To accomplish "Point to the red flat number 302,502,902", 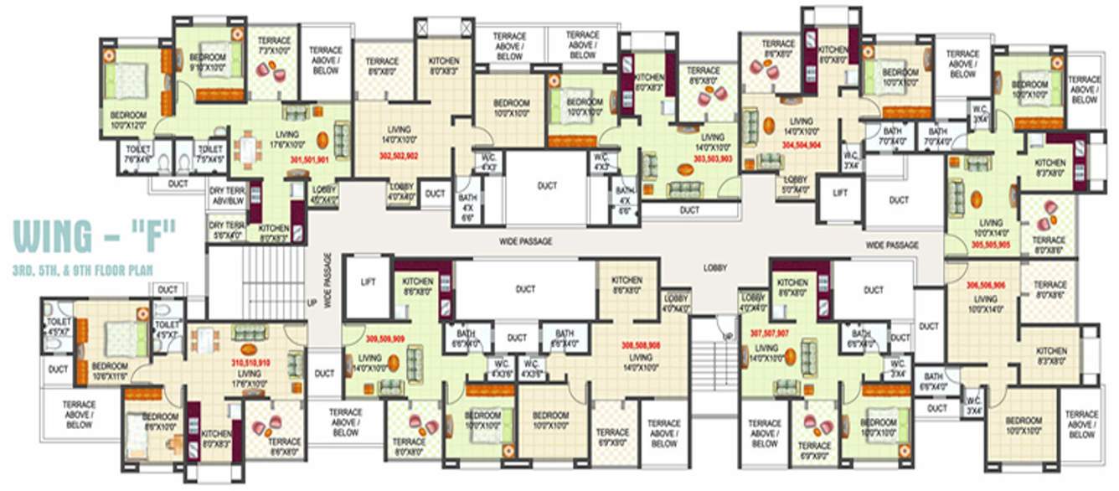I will point(400,156).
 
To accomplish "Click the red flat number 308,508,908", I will point(641,344).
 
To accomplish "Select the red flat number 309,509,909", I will point(385,339).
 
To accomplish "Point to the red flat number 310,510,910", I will point(250,364).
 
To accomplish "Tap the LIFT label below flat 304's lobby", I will point(840,193).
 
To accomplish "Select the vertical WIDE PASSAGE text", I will point(329,281).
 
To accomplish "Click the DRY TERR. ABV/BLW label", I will point(226,195).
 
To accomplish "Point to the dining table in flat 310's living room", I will point(204,341).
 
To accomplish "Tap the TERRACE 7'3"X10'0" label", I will point(274,46).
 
